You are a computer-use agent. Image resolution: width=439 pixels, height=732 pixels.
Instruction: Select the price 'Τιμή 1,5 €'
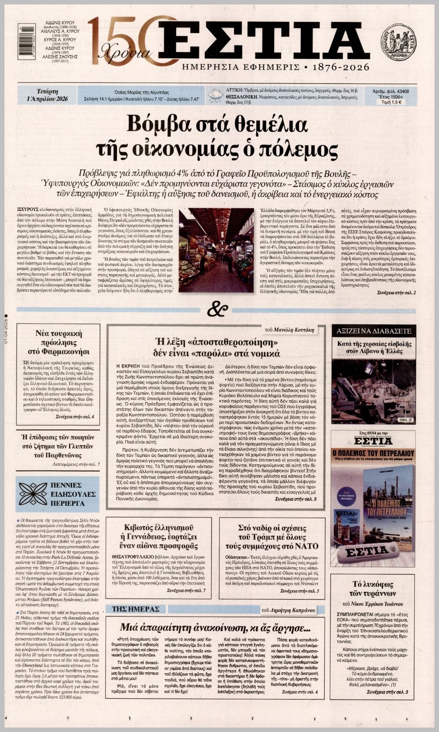tap(391, 102)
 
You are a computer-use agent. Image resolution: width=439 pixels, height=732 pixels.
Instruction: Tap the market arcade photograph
tap(216, 250)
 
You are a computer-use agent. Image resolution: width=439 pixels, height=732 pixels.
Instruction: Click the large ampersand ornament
tap(218, 309)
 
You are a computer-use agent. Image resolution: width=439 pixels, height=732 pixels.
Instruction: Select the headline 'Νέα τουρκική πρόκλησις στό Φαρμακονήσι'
tap(59, 342)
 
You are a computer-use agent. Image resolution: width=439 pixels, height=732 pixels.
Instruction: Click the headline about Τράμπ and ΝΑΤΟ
tap(272, 536)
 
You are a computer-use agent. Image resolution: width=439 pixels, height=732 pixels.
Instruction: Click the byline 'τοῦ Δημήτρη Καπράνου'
tap(288, 610)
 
